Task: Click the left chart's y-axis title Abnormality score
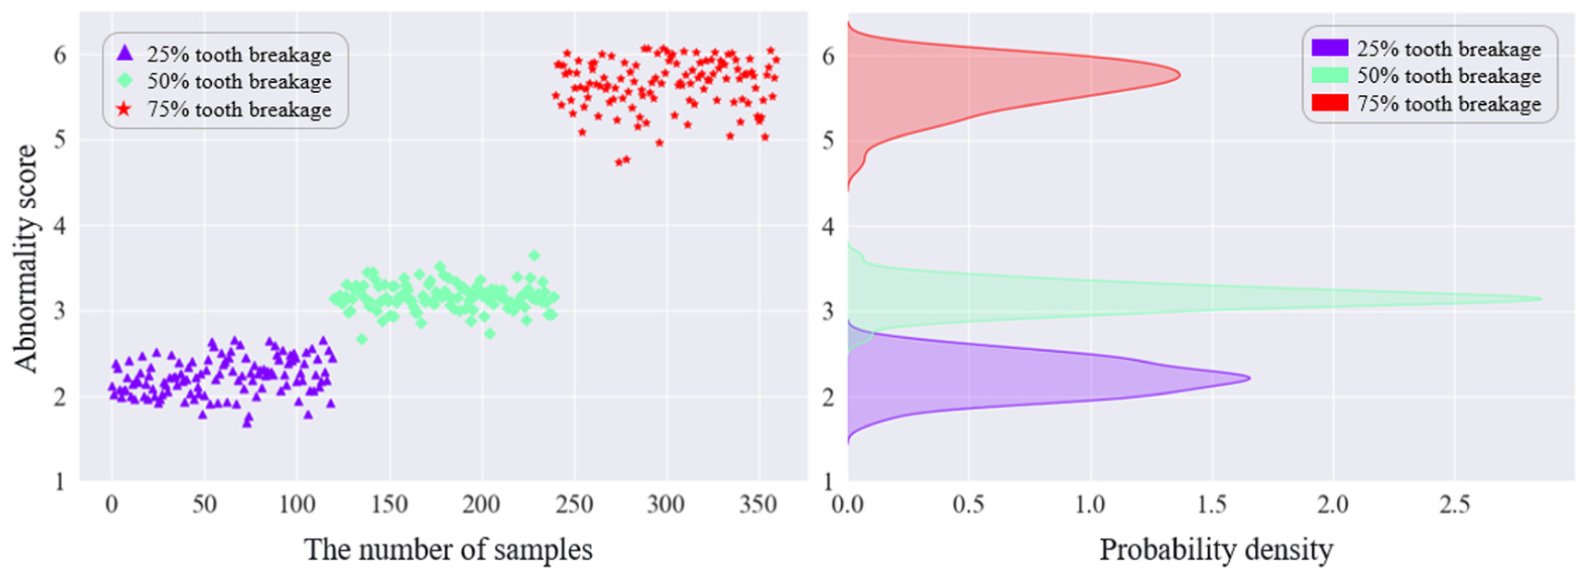(x=26, y=257)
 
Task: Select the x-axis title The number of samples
(x=448, y=550)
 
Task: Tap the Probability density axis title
(x=1215, y=550)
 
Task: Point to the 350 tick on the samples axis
(x=759, y=505)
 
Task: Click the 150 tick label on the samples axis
(x=389, y=505)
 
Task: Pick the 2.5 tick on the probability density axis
(x=1454, y=505)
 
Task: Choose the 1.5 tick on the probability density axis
(x=1212, y=505)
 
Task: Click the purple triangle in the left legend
(x=125, y=53)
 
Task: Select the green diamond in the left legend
(x=125, y=81)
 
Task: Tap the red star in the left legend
(x=125, y=109)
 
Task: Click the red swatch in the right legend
(x=1329, y=103)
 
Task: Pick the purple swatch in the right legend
(x=1329, y=48)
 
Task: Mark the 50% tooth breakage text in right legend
(x=1449, y=76)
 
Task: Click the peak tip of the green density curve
(x=1541, y=298)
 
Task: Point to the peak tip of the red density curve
(x=1179, y=76)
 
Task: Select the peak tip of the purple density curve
(x=1249, y=378)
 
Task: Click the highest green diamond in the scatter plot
(x=534, y=255)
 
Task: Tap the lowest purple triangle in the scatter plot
(x=247, y=423)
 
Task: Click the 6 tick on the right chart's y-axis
(x=828, y=56)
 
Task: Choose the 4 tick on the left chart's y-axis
(x=60, y=226)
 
